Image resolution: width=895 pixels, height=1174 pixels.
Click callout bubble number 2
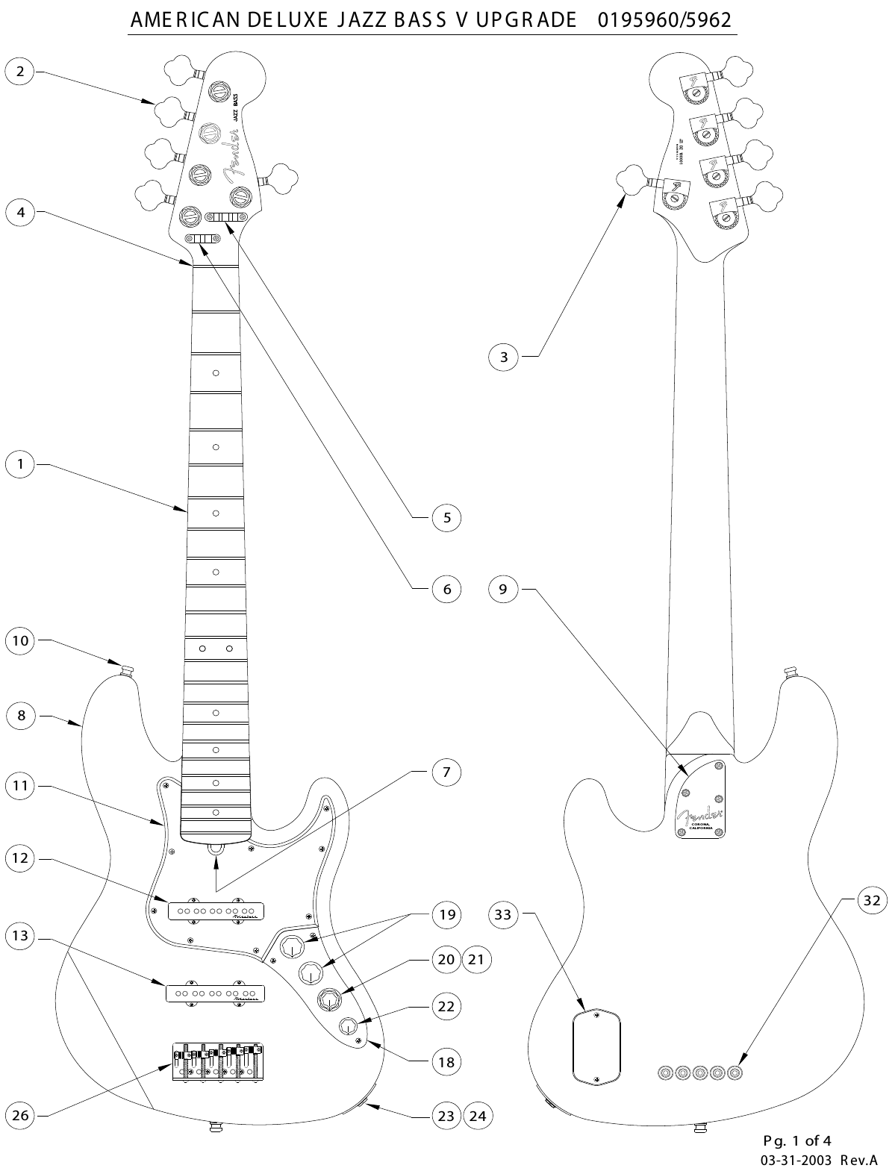click(x=20, y=72)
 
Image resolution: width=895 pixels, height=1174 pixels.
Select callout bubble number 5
click(x=446, y=517)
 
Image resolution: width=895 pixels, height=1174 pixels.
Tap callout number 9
click(x=503, y=589)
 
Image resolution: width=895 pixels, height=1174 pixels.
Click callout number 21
click(x=477, y=959)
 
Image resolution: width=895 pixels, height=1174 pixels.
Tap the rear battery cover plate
click(x=597, y=1046)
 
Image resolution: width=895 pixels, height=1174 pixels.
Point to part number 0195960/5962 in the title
click(x=664, y=19)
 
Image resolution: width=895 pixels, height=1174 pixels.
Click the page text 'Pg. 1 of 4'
click(x=797, y=1140)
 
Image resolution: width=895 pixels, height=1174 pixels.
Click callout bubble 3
click(x=504, y=357)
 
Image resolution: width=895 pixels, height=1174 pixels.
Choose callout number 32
click(x=871, y=900)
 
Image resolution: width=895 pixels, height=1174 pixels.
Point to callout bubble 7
click(x=446, y=772)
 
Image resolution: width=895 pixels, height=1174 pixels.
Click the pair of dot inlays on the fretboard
click(x=216, y=649)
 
